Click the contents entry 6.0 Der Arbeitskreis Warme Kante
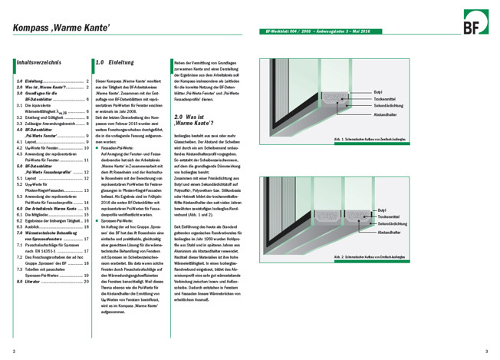(49, 208)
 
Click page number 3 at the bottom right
(486, 351)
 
